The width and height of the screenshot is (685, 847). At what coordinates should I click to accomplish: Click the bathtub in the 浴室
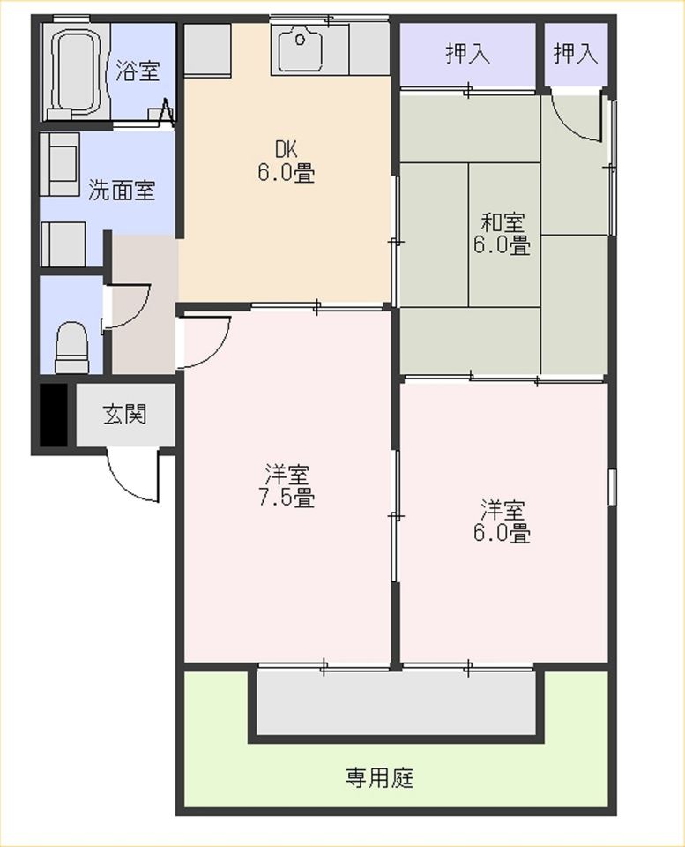77,71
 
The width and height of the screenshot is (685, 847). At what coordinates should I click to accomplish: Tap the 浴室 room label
138,71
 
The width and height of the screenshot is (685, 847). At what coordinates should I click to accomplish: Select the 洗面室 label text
122,191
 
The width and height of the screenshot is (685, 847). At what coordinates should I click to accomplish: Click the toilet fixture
71,347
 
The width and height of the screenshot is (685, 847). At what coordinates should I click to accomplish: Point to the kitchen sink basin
301,48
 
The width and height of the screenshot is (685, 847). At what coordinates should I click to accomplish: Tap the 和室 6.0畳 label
502,233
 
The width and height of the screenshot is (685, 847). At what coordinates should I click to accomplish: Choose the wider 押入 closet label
467,54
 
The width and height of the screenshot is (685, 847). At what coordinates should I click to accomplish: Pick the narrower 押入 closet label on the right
576,54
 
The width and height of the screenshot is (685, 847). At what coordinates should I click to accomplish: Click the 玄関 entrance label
124,415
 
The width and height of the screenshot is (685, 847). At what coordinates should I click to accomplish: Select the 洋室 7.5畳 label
287,485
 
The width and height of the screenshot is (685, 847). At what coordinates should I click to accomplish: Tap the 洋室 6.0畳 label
502,521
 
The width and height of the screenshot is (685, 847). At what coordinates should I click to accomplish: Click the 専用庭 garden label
379,778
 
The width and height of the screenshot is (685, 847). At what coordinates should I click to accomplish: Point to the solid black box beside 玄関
54,415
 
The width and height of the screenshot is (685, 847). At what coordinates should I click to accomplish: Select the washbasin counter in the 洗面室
61,164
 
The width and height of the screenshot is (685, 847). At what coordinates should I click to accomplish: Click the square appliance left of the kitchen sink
208,48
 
